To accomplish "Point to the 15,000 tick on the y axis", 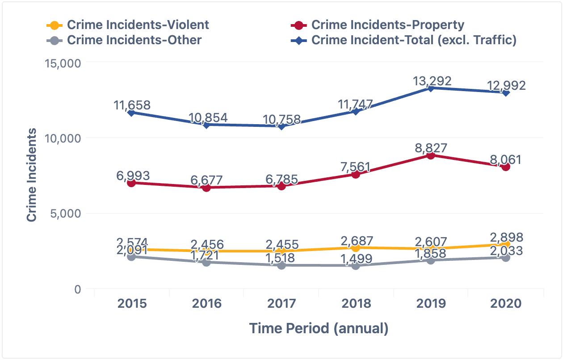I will tap(63, 63).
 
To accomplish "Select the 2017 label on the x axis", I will tap(281, 304).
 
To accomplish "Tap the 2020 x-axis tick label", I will tap(506, 304).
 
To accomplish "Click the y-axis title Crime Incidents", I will tap(31, 175).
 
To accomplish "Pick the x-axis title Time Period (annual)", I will tap(319, 329).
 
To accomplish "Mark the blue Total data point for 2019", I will tap(431, 88).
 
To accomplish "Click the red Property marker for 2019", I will tap(431, 155).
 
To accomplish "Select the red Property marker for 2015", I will tap(132, 183).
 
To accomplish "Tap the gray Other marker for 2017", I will tap(281, 265).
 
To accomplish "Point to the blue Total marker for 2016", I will tap(206, 125).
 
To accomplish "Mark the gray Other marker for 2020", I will tap(506, 258).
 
